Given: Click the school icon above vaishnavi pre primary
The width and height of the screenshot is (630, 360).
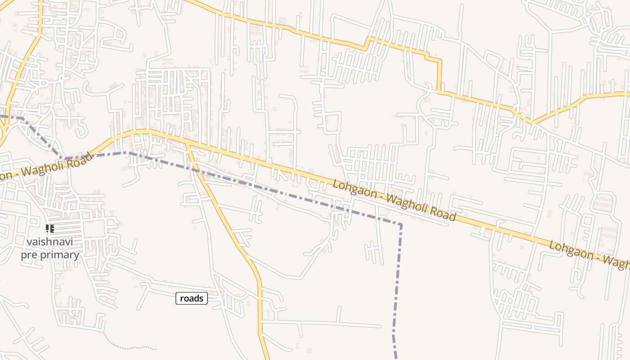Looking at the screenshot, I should (x=50, y=229).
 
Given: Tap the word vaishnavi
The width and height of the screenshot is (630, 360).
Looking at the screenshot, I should (x=49, y=242).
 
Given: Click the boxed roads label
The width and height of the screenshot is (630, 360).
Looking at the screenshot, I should (x=192, y=298).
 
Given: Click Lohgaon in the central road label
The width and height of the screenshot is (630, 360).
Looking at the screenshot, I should (x=351, y=189).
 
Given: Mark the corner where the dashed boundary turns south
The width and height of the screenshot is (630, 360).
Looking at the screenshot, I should (x=400, y=224).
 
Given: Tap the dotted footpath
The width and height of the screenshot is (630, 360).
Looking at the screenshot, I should (x=130, y=347).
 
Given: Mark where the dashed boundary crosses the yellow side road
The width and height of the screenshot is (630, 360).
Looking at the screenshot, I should (x=195, y=169).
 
